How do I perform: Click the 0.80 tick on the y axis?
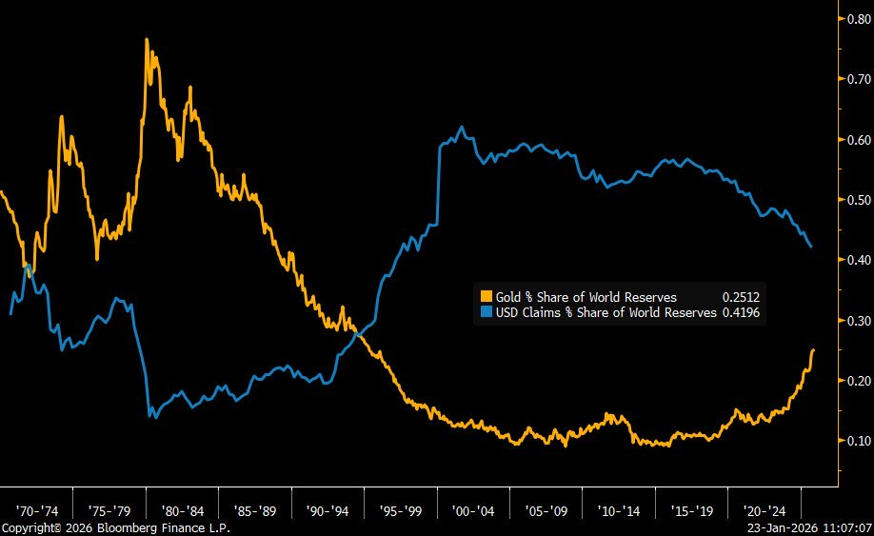(857, 19)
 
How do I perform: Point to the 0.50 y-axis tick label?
(857, 200)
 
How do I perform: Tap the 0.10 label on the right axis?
(857, 441)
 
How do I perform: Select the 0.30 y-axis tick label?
(857, 321)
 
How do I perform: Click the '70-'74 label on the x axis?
(36, 509)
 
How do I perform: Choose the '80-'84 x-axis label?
(182, 509)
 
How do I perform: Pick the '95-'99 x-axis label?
(401, 509)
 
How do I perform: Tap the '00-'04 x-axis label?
(473, 509)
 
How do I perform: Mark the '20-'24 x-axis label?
(765, 509)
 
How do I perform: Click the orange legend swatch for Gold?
(486, 297)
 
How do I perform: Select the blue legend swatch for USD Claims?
(486, 311)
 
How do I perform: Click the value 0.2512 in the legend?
(740, 297)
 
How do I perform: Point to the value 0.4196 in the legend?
(740, 311)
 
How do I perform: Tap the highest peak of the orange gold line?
(147, 40)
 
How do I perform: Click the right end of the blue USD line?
(810, 247)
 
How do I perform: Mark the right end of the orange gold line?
(813, 350)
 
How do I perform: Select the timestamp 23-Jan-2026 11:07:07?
(810, 527)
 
